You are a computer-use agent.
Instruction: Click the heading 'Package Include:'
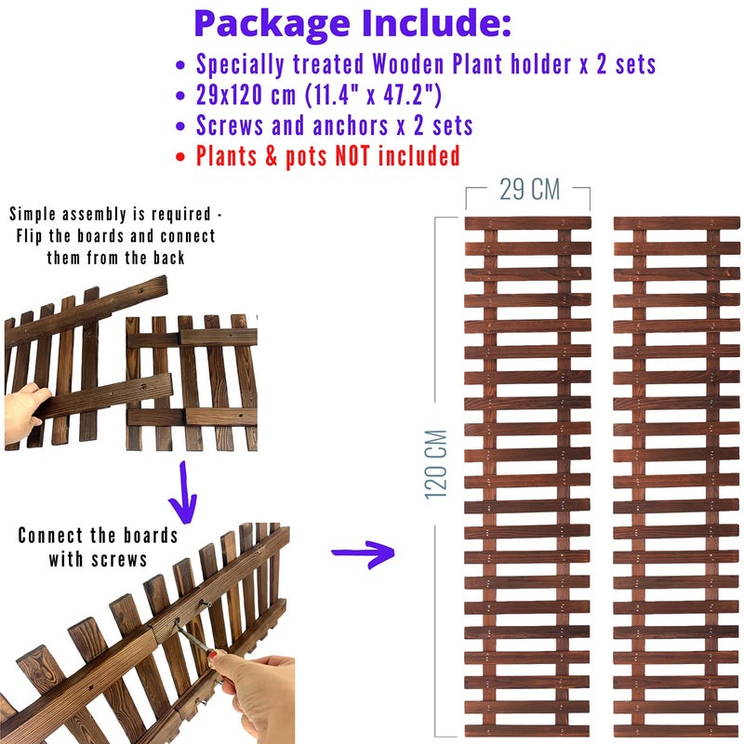[x=352, y=23]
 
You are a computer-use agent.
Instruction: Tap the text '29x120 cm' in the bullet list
[x=246, y=95]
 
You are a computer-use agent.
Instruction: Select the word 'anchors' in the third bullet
[x=351, y=126]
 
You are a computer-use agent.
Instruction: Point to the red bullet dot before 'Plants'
[x=179, y=156]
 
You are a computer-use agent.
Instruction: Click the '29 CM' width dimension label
[x=529, y=190]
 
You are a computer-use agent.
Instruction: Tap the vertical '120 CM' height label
[x=436, y=464]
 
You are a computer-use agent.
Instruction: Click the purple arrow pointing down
[x=182, y=493]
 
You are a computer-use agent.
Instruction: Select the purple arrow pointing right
[x=363, y=553]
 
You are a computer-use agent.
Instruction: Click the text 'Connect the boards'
[x=98, y=536]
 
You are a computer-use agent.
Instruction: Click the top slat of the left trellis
[x=527, y=223]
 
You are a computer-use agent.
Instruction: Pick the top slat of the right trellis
[x=677, y=223]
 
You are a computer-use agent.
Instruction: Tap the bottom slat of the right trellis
[x=677, y=731]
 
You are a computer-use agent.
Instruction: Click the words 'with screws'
[x=98, y=559]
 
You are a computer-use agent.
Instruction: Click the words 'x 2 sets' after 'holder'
[x=618, y=64]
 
